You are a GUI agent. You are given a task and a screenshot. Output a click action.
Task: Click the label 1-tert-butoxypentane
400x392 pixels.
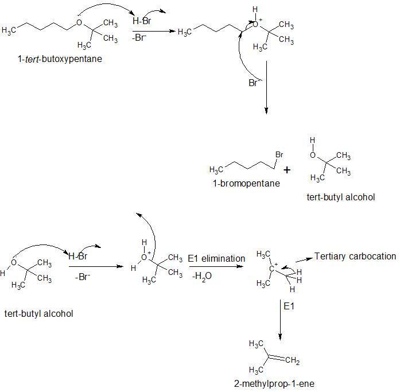click(60, 59)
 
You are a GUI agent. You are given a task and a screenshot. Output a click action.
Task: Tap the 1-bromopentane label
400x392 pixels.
click(246, 184)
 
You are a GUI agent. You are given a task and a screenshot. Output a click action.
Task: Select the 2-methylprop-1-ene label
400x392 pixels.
click(274, 383)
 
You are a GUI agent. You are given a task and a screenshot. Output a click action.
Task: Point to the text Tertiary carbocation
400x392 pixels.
click(355, 257)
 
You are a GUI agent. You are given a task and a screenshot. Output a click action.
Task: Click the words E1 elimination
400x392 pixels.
click(216, 259)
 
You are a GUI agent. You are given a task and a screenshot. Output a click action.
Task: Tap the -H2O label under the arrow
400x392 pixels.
click(202, 276)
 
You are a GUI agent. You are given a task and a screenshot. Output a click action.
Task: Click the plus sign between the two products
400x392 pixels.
click(287, 170)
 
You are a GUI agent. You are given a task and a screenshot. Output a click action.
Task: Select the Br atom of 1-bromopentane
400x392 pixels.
click(279, 154)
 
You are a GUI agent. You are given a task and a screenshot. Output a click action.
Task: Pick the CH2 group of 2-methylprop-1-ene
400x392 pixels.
click(292, 360)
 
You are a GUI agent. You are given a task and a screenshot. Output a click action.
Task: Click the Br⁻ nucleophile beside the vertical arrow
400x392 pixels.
click(254, 83)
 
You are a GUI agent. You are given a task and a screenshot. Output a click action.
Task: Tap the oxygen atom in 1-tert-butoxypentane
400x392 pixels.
click(79, 23)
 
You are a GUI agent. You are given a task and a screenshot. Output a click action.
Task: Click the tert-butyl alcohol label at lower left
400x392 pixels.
click(39, 313)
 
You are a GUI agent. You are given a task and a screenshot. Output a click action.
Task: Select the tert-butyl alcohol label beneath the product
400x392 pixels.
click(341, 197)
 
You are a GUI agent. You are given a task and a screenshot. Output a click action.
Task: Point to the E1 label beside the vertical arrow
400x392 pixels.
click(289, 306)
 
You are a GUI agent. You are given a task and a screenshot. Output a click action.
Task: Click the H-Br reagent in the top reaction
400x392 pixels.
click(142, 21)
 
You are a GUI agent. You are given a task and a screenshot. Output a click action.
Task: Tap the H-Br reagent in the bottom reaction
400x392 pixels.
click(78, 256)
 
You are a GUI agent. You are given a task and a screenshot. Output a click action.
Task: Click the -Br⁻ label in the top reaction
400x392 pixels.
click(139, 38)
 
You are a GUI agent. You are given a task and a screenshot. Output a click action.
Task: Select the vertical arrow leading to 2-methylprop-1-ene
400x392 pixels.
click(281, 320)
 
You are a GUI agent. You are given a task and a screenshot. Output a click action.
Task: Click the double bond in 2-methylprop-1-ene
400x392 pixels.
click(276, 358)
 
